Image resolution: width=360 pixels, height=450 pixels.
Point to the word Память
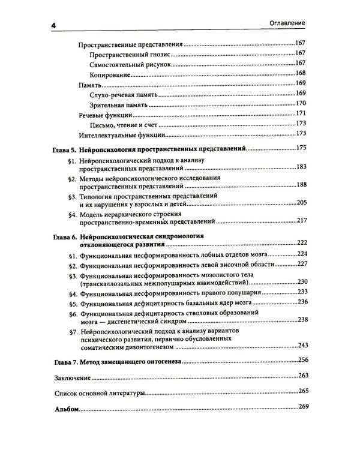coord(91,85)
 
